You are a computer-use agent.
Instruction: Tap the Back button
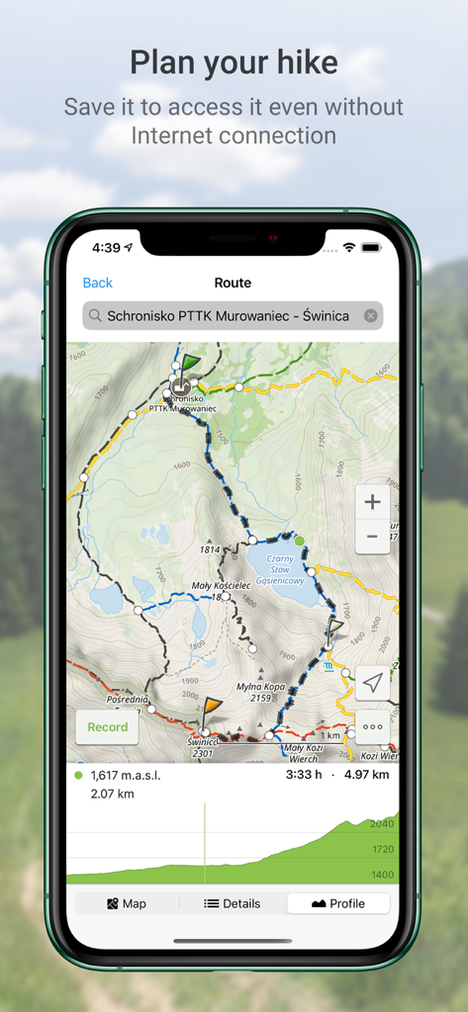(x=97, y=283)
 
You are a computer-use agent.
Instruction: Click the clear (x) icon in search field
(x=370, y=316)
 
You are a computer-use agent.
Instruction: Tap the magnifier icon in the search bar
(x=95, y=316)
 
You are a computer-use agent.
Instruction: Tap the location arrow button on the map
(x=372, y=682)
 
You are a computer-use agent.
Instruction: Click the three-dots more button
(x=372, y=726)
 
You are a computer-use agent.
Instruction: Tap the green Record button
(x=107, y=727)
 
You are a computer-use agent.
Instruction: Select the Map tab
(x=126, y=903)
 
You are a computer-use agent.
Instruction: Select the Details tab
(x=233, y=903)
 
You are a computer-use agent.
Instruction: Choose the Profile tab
(x=337, y=903)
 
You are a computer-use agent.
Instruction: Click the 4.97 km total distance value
(x=367, y=775)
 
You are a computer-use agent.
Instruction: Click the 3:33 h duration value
(x=305, y=775)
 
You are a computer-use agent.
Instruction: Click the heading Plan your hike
(x=234, y=63)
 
